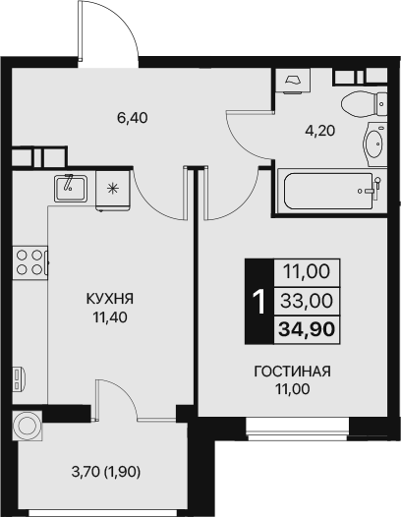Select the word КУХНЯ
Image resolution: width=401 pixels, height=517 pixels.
109,299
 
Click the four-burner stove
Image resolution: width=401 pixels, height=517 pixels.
29,261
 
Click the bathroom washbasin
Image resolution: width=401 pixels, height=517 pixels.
373,145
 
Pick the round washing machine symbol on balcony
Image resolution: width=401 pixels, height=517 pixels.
27,426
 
